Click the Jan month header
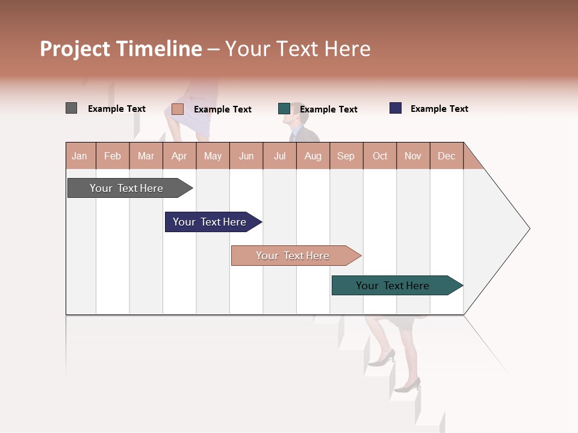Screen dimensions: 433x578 [x=80, y=156]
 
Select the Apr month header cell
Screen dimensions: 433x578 [x=179, y=156]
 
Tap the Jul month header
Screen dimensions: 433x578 [x=279, y=156]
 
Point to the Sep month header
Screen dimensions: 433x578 [x=346, y=156]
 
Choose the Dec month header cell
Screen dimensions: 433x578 [x=446, y=156]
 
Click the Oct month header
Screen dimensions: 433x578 [x=379, y=156]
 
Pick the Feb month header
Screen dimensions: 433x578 [x=113, y=156]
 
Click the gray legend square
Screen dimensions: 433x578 [x=71, y=108]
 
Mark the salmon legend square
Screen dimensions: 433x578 [x=178, y=109]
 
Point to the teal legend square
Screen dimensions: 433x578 [x=284, y=109]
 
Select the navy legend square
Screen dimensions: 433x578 [x=396, y=108]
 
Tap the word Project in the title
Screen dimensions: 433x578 [x=75, y=49]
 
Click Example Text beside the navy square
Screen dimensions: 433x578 [x=439, y=109]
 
